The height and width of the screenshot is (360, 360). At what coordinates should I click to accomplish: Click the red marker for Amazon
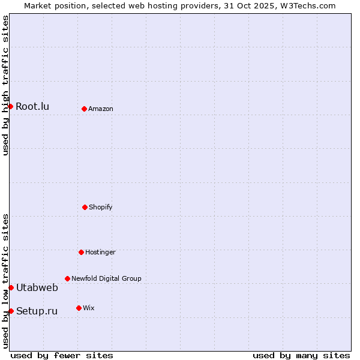point(84,109)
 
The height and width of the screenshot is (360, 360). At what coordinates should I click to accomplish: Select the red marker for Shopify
point(85,207)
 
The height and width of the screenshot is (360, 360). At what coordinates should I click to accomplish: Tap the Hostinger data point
point(81,252)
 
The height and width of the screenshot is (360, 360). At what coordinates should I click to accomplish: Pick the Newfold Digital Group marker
point(67,278)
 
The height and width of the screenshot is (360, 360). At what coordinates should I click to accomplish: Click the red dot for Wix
point(79,308)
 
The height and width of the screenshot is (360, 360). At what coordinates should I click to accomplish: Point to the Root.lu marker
point(10,106)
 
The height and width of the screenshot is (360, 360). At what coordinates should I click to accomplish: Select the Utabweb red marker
point(11,287)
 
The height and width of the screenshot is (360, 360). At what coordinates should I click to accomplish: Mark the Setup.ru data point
point(11,311)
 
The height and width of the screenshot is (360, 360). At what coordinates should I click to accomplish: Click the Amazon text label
point(101,109)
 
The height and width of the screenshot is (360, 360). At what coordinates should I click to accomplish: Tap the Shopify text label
point(101,208)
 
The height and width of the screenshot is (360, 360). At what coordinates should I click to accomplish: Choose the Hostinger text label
point(100,253)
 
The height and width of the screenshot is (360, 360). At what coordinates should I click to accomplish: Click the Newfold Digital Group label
point(106,278)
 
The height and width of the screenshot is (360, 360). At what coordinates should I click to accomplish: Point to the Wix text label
point(89,308)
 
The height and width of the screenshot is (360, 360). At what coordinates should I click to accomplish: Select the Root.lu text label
point(32,107)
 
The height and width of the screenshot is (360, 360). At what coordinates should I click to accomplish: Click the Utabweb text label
point(37,288)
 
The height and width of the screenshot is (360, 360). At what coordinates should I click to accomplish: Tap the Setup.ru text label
point(37,311)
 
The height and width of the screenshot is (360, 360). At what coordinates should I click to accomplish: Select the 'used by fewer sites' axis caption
point(62,355)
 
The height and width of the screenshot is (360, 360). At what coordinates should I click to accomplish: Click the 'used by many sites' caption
point(301,355)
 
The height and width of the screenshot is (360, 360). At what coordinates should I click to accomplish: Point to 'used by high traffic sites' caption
point(5,85)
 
